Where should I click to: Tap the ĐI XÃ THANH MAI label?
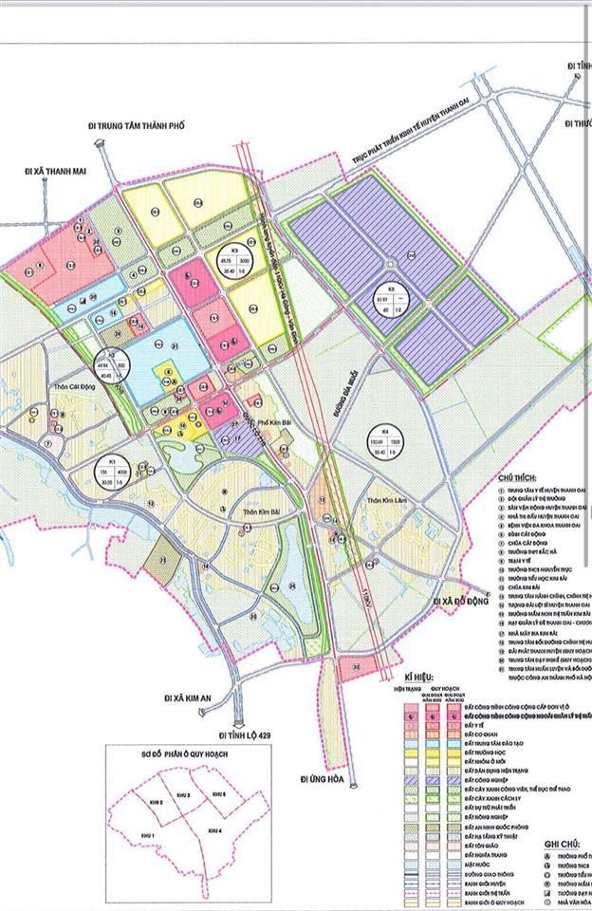click(x=55, y=172)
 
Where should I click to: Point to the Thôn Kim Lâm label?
click(x=383, y=502)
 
